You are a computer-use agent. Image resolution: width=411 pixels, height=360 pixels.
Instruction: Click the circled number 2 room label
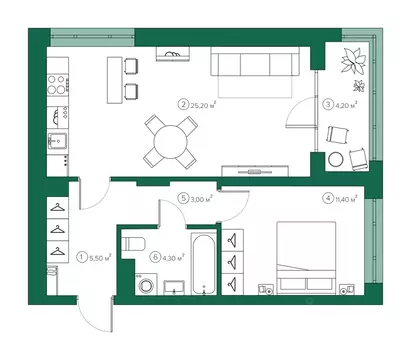point(183,105)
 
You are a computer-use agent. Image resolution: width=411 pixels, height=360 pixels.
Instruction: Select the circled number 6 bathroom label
point(155,257)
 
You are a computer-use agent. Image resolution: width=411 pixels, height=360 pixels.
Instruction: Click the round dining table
point(170,142)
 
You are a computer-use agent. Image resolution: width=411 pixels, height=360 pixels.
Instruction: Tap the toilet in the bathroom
point(133,244)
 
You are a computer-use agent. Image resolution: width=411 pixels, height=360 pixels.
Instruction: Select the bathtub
point(203,264)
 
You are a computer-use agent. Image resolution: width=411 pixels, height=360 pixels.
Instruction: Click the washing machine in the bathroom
point(145,285)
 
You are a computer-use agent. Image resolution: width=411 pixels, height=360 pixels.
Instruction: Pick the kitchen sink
point(58,141)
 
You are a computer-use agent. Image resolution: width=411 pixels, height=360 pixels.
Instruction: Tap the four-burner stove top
point(57,85)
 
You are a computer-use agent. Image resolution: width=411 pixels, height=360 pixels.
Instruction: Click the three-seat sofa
point(255,62)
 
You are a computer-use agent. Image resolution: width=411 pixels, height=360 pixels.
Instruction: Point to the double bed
point(306,258)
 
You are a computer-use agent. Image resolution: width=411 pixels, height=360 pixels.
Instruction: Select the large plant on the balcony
point(353,60)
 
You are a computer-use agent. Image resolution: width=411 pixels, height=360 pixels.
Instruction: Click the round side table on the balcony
point(336,160)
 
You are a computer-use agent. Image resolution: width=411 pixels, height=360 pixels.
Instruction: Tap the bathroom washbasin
point(174,288)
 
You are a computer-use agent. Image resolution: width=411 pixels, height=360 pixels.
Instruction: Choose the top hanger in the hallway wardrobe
point(58,208)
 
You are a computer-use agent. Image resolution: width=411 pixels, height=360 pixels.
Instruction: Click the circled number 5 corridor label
point(183,199)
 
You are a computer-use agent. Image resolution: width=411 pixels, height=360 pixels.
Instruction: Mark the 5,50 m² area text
point(100,257)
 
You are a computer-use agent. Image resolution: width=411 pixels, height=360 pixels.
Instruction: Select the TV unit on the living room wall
point(255,171)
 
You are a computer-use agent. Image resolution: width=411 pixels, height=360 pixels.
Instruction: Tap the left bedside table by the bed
point(266,290)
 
